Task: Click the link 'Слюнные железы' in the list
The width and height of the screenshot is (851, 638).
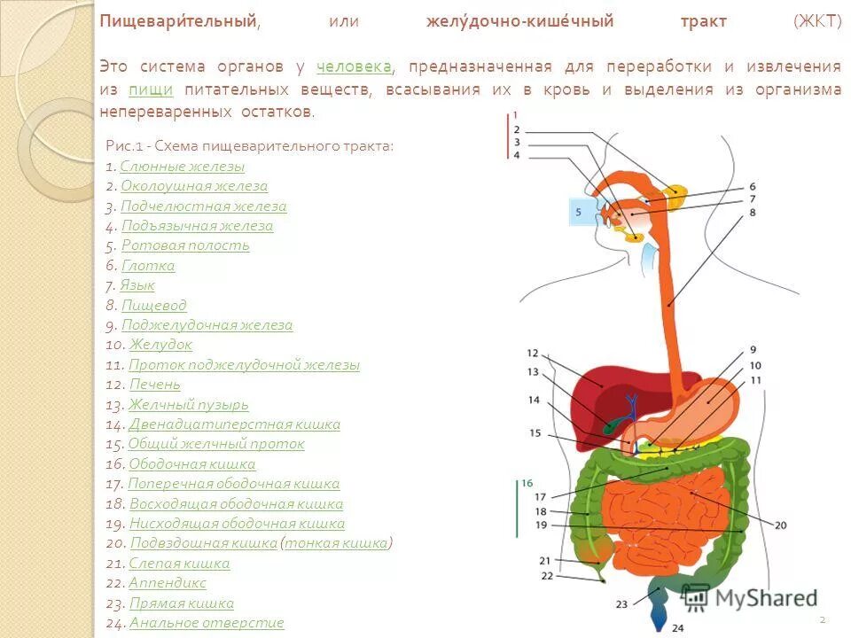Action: pyautogui.click(x=182, y=167)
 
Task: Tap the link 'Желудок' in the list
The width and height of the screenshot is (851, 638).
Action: pyautogui.click(x=160, y=345)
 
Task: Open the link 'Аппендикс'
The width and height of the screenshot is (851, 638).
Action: pyautogui.click(x=167, y=583)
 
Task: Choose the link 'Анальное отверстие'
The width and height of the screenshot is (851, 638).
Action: pyautogui.click(x=207, y=623)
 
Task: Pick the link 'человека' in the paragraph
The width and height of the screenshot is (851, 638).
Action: pyautogui.click(x=354, y=67)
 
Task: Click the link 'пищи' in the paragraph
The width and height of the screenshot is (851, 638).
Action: pyautogui.click(x=150, y=89)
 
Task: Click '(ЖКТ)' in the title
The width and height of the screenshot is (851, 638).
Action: pyautogui.click(x=816, y=21)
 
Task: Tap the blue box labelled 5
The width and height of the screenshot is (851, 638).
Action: pyautogui.click(x=579, y=213)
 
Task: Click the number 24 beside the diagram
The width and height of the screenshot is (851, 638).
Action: pyautogui.click(x=677, y=627)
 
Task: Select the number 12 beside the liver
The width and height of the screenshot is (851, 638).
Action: pyautogui.click(x=532, y=353)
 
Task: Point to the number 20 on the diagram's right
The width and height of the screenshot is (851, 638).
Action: pyautogui.click(x=780, y=525)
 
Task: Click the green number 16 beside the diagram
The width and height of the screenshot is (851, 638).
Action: pyautogui.click(x=527, y=483)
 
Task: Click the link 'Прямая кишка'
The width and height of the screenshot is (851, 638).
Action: pyautogui.click(x=181, y=603)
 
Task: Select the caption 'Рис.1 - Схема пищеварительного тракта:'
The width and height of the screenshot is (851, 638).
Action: pyautogui.click(x=249, y=145)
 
